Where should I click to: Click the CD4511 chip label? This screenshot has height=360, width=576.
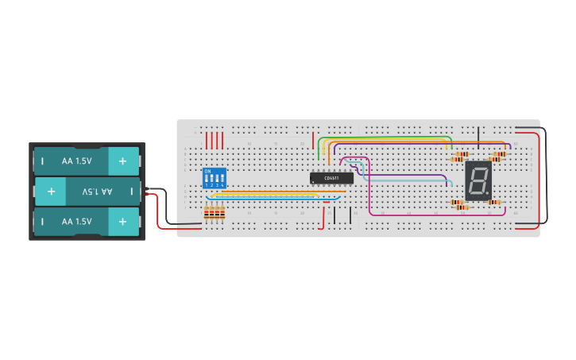331,178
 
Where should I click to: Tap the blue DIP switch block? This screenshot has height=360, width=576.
215,177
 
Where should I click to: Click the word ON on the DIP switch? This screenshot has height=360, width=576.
207,171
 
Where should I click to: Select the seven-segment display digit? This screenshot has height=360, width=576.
477,181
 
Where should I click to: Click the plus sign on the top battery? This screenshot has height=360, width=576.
123,161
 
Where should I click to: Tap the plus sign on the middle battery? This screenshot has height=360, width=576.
51,192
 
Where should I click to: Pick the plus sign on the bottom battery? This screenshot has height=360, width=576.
123,222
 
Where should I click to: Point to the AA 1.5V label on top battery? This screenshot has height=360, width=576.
76,161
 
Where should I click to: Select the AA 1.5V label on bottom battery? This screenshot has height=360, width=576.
76,222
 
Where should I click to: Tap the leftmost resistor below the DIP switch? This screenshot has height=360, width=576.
207,212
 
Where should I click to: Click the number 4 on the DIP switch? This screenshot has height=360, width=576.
222,185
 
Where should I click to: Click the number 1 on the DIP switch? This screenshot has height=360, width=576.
207,185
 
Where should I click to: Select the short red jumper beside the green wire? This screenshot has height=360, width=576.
313,141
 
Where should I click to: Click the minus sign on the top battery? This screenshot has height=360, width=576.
42,161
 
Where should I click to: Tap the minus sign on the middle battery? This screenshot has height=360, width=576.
132,192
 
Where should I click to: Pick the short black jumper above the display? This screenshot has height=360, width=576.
478,137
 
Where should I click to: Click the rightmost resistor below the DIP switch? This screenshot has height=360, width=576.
222,212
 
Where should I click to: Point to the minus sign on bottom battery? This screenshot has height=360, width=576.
42,222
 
